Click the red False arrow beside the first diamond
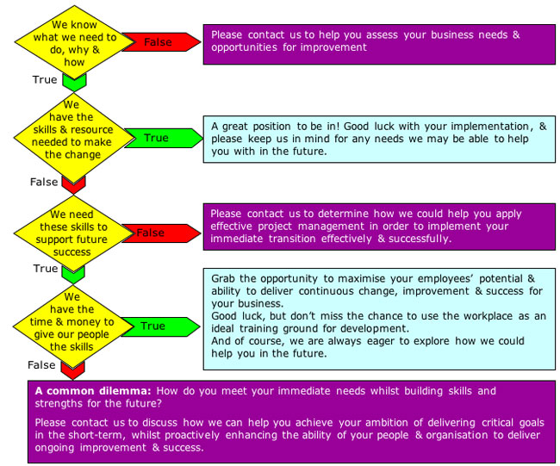pyautogui.click(x=158, y=41)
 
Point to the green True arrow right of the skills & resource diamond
pyautogui.click(x=157, y=137)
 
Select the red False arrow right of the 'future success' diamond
pyautogui.click(x=155, y=233)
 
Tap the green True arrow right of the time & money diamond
pyautogui.click(x=155, y=326)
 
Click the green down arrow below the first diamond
pyautogui.click(x=75, y=83)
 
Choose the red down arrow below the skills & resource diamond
pyautogui.click(x=75, y=183)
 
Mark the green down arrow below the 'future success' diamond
pyautogui.click(x=75, y=274)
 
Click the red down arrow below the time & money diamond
pyautogui.click(x=75, y=369)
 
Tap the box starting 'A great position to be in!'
pyautogui.click(x=379, y=139)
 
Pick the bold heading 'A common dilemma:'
pyautogui.click(x=92, y=391)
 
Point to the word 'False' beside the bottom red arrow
pyautogui.click(x=41, y=365)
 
